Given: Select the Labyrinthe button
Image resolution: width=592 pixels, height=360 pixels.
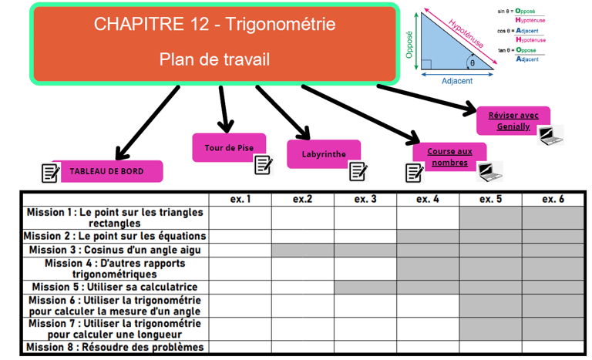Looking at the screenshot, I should [324, 154].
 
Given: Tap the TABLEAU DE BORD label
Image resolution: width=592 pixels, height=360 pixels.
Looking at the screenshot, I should [106, 172].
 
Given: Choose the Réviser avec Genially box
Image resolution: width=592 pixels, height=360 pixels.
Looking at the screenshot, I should [513, 121].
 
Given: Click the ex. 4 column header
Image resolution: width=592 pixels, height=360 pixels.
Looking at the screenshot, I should [428, 200].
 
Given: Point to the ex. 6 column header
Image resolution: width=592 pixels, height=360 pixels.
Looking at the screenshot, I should [553, 200].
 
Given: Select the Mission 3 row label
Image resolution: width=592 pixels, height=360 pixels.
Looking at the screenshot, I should [115, 251].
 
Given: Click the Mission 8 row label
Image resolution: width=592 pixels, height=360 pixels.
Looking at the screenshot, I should [115, 348].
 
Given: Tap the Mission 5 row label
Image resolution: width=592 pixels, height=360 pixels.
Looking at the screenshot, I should [115, 288].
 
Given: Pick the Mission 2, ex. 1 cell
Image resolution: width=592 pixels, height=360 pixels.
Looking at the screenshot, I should [240, 237].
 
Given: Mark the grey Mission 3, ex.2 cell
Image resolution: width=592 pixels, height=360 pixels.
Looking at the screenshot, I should [303, 251].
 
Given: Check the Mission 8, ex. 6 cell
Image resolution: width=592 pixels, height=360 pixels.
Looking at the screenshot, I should [553, 348].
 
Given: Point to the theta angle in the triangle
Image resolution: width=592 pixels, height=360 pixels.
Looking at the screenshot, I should [473, 63].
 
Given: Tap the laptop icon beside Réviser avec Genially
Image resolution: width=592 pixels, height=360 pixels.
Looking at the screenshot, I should [550, 136].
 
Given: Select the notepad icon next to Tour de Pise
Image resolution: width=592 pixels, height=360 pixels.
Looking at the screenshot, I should [264, 163].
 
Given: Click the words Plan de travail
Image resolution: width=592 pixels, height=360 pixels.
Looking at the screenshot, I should [214, 59].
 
